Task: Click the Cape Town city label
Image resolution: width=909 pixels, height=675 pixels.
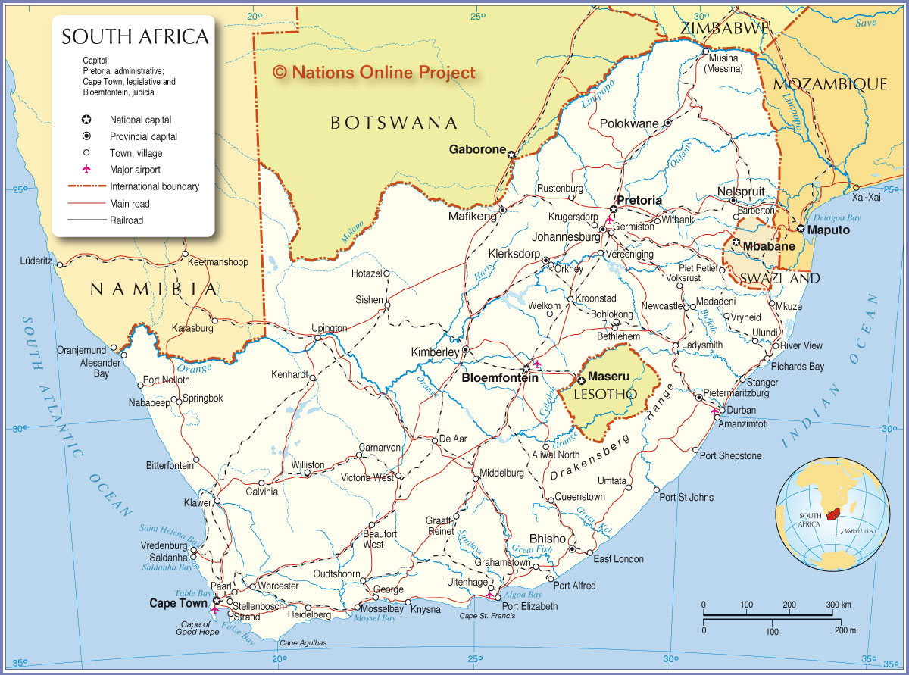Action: click(x=179, y=603)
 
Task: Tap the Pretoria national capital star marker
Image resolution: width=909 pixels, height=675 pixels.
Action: click(x=614, y=209)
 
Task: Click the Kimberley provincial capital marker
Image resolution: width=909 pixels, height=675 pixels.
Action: click(x=465, y=350)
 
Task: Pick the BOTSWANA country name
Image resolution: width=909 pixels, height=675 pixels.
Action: click(x=394, y=123)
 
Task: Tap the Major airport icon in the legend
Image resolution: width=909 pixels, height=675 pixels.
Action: click(x=86, y=170)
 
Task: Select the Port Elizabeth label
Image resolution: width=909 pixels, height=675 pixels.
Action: click(x=529, y=606)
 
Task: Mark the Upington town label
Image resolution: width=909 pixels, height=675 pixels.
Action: click(x=330, y=328)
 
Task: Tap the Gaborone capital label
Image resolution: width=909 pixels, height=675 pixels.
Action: click(x=476, y=149)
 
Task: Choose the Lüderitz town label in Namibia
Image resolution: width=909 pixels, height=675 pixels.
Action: click(x=36, y=261)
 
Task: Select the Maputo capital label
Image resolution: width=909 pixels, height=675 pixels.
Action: click(x=829, y=230)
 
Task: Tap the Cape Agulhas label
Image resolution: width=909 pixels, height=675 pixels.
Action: click(x=303, y=643)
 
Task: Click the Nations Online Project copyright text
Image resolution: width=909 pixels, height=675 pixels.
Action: click(x=374, y=72)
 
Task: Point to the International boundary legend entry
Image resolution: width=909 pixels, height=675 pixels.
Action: click(x=155, y=186)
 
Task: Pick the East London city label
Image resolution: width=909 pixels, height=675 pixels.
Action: click(x=618, y=559)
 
